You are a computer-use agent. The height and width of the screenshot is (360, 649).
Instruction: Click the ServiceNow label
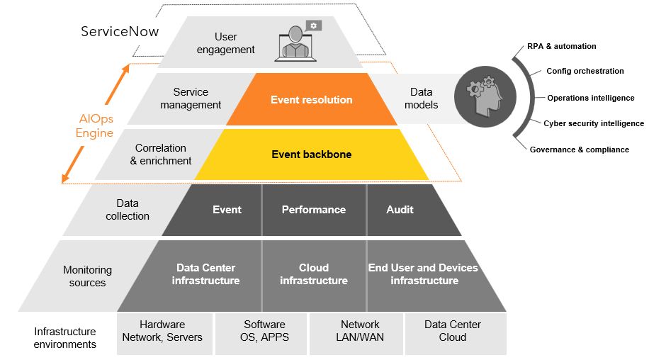(120, 32)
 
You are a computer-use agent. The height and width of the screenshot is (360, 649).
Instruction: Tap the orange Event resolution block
(311, 100)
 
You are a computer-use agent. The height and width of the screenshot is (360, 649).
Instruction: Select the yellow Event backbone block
(311, 154)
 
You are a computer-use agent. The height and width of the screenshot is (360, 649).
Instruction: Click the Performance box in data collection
(314, 210)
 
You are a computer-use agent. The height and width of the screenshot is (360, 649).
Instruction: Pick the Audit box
(400, 210)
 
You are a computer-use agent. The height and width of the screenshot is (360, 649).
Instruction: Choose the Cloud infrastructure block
(314, 274)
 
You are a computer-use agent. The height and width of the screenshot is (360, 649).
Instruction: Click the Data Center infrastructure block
(205, 274)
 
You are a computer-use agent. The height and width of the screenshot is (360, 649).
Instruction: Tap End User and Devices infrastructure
(424, 274)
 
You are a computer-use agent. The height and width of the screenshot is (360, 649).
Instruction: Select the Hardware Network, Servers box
(162, 331)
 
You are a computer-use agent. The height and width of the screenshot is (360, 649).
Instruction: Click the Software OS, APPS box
(264, 331)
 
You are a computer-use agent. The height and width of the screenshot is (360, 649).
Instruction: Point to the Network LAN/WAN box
(359, 331)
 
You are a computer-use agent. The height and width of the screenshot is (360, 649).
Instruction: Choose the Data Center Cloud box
(453, 331)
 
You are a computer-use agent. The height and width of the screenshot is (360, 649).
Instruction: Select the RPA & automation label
(562, 46)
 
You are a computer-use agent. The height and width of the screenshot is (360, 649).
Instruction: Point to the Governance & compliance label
(580, 150)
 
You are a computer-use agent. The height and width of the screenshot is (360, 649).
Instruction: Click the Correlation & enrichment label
(161, 154)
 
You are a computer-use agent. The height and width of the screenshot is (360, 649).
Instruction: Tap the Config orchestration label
(585, 71)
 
